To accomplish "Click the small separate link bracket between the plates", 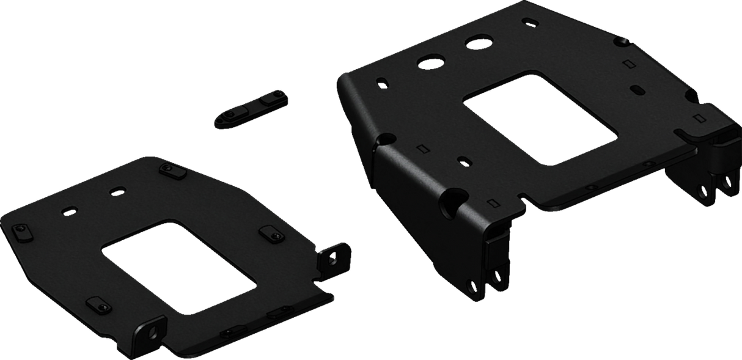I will [x=251, y=107].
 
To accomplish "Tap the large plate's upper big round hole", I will [x=479, y=43].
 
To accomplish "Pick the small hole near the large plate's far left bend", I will [x=382, y=82].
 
